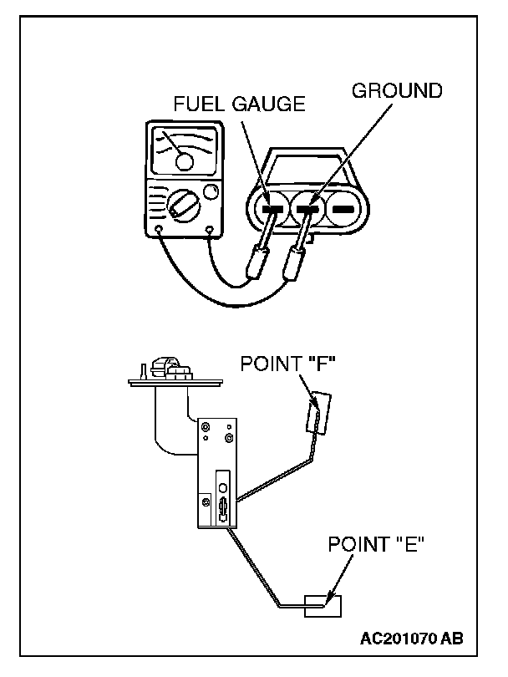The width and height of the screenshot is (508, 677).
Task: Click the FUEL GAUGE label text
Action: click(239, 104)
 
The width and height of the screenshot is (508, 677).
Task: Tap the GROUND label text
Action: click(397, 90)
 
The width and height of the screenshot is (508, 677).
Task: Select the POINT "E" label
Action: click(376, 545)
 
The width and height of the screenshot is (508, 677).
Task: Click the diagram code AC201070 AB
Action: click(411, 639)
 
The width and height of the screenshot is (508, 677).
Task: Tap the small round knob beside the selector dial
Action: click(211, 191)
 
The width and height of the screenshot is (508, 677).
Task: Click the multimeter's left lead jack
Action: click(160, 227)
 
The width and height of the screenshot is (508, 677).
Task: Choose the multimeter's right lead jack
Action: click(208, 227)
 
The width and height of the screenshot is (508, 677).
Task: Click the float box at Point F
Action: click(317, 413)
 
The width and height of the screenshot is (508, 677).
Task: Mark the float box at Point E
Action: click(323, 604)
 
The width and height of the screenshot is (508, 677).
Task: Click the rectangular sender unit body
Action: click(216, 472)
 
